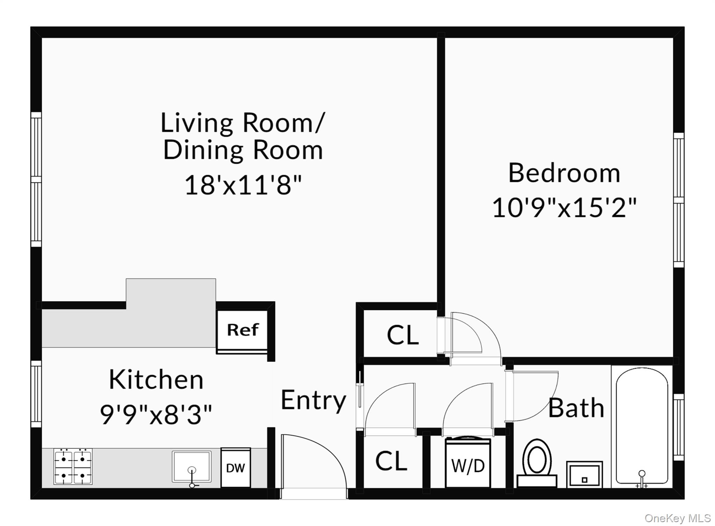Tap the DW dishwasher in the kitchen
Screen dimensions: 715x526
pyautogui.click(x=236, y=467)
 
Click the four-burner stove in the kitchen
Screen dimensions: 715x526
pyautogui.click(x=73, y=467)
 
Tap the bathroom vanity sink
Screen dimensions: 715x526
pyautogui.click(x=584, y=474)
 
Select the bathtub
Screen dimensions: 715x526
pyautogui.click(x=642, y=427)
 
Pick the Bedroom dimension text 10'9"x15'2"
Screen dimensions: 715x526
pyautogui.click(x=564, y=208)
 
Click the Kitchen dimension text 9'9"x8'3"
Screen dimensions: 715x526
pyautogui.click(x=156, y=414)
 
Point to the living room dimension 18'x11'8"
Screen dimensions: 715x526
pyautogui.click(x=243, y=185)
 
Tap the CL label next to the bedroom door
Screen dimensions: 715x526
pyautogui.click(x=403, y=335)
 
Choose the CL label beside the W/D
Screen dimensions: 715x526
pyautogui.click(x=391, y=461)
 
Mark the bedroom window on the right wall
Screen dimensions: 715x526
pyautogui.click(x=679, y=200)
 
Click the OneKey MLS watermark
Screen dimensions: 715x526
pyautogui.click(x=678, y=518)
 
